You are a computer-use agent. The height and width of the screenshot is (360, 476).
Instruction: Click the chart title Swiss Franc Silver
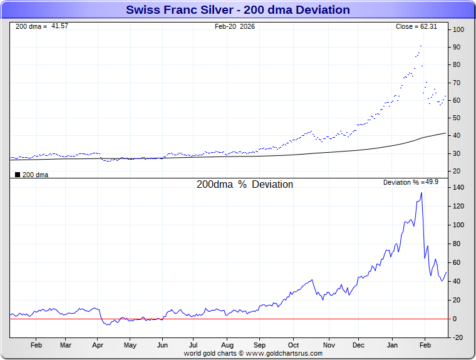pyautogui.click(x=238, y=10)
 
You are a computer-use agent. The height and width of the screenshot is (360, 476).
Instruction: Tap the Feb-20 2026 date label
pyautogui.click(x=235, y=26)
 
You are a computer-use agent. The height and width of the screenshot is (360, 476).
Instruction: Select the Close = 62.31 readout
pyautogui.click(x=420, y=26)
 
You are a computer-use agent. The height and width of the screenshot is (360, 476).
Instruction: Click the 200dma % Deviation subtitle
pyautogui.click(x=245, y=185)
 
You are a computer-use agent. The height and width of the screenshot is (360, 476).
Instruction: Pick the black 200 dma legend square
pyautogui.click(x=18, y=175)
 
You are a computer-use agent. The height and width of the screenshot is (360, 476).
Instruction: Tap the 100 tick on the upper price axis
pyautogui.click(x=458, y=30)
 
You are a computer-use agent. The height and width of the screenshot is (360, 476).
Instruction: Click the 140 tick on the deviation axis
pyautogui.click(x=458, y=187)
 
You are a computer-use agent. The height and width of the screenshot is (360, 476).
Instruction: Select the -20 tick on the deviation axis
pyautogui.click(x=458, y=337)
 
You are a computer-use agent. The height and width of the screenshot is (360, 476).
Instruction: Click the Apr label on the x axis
pyautogui.click(x=97, y=345)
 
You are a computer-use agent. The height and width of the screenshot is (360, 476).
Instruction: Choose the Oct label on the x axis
pyautogui.click(x=293, y=345)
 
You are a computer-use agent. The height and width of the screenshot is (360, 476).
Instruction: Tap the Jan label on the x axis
pyautogui.click(x=393, y=345)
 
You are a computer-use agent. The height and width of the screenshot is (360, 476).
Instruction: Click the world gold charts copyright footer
pyautogui.click(x=253, y=353)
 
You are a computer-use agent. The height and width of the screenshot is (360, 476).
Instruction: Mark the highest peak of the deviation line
pyautogui.click(x=422, y=193)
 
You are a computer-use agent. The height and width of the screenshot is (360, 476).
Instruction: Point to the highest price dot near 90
pyautogui.click(x=421, y=46)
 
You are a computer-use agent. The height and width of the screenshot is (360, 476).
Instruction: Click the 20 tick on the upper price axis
pyautogui.click(x=458, y=171)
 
